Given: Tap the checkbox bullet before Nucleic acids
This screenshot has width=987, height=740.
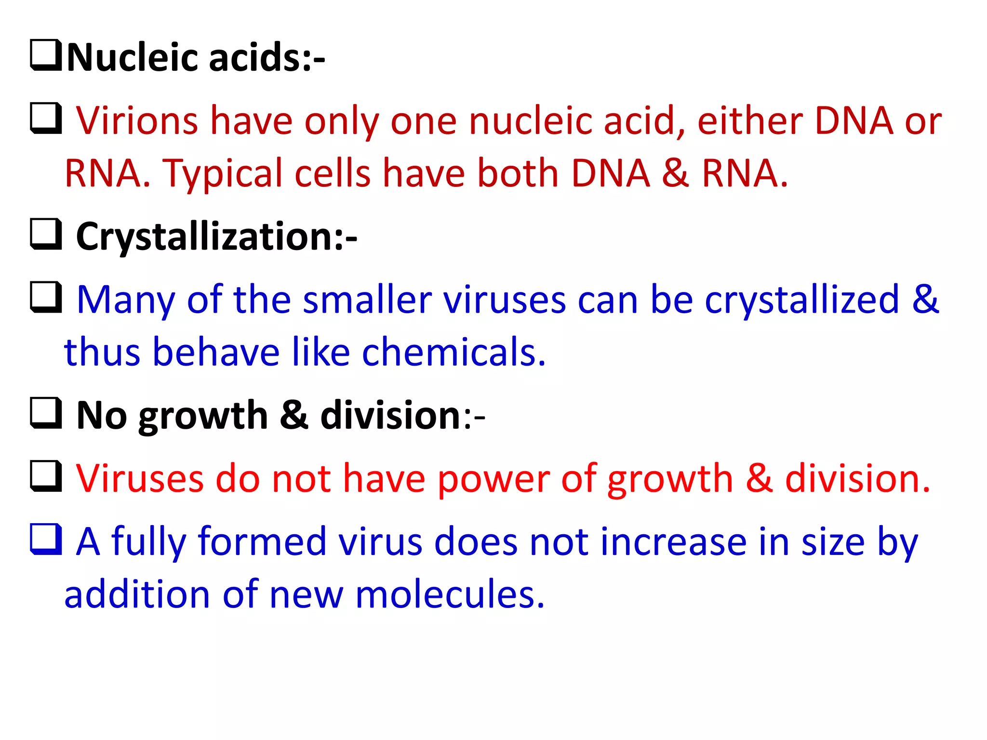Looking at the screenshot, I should (46, 55).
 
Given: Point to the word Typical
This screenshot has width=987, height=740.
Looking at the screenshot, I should (222, 173).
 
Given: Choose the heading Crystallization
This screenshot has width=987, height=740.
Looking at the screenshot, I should (216, 237).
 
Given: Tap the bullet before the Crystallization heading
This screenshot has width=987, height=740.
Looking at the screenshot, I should (46, 234).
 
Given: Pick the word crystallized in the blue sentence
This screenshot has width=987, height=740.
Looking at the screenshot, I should (802, 300).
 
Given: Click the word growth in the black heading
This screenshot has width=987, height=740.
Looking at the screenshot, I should (203, 416).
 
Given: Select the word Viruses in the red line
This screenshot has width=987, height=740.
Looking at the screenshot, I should (140, 479).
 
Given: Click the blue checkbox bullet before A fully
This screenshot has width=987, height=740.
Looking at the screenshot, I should (46, 539).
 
